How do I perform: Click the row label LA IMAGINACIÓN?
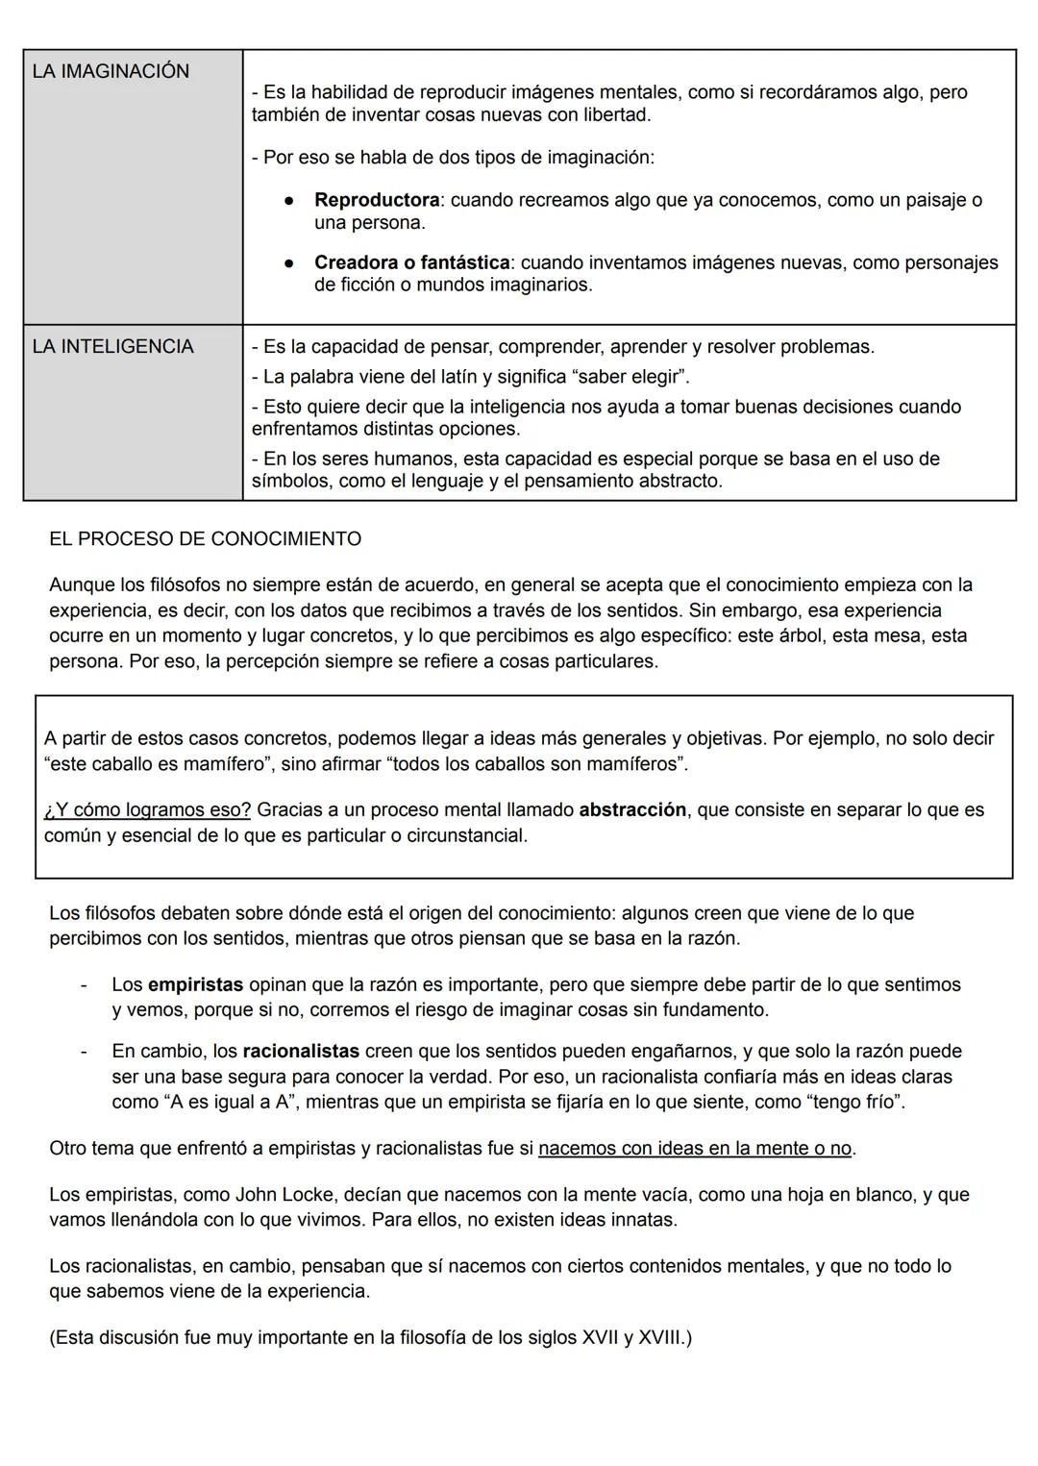pyautogui.click(x=111, y=71)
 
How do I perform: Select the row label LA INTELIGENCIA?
pyautogui.click(x=112, y=346)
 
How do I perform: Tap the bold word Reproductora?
pyautogui.click(x=376, y=200)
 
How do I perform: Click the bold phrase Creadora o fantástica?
pyautogui.click(x=411, y=262)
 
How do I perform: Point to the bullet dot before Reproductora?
pyautogui.click(x=287, y=201)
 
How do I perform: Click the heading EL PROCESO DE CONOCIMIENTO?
pyautogui.click(x=205, y=538)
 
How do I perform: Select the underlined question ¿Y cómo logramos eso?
pyautogui.click(x=148, y=809)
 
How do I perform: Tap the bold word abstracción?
pyautogui.click(x=632, y=809)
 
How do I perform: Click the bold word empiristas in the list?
pyautogui.click(x=195, y=984)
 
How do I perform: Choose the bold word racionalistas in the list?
pyautogui.click(x=301, y=1051)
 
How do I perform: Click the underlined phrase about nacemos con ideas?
pyautogui.click(x=695, y=1148)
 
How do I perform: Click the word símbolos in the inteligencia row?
pyautogui.click(x=292, y=481)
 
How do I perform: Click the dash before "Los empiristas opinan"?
pyautogui.click(x=85, y=984)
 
